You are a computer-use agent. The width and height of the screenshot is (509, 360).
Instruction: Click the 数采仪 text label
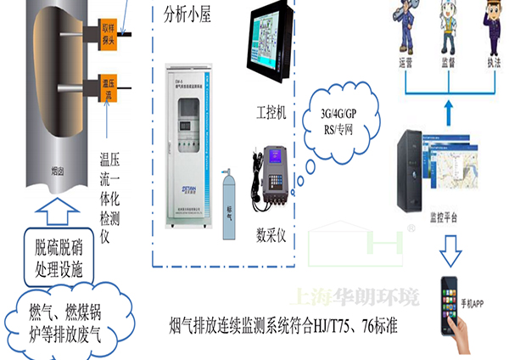[277, 234]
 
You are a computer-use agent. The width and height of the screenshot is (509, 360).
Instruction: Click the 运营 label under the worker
[407, 62]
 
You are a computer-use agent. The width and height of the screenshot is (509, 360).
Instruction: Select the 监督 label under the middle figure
[450, 62]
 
